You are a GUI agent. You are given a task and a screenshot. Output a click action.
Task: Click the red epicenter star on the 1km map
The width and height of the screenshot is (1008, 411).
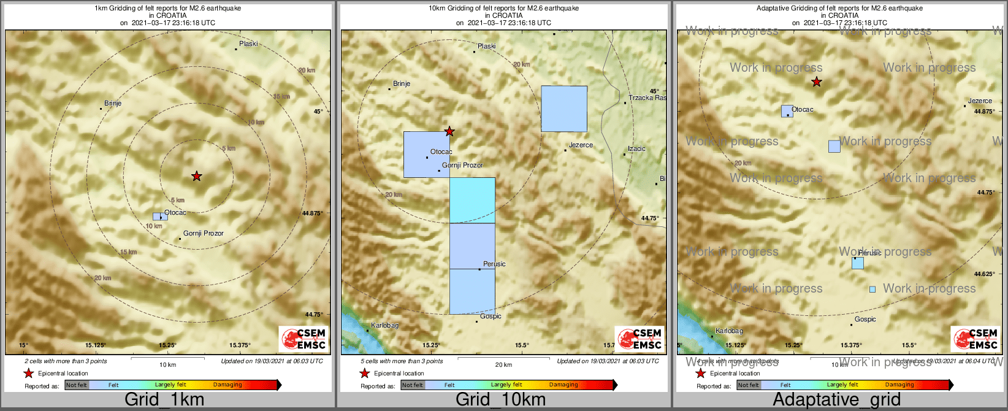click(196, 176)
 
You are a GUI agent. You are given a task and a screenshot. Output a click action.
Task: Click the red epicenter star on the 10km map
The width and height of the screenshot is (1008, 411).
click(449, 131)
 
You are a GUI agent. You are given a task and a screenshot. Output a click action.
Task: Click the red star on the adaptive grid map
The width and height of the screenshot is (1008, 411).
click(816, 82)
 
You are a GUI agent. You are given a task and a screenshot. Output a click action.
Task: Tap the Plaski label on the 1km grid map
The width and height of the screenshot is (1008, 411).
click(248, 44)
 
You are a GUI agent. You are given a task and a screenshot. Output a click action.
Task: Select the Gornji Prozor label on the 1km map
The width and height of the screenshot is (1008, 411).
click(204, 233)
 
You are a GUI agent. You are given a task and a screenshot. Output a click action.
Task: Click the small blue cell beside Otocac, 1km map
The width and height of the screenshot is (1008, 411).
click(160, 217)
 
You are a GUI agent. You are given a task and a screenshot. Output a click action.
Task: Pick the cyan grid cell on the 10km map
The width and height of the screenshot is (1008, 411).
click(472, 201)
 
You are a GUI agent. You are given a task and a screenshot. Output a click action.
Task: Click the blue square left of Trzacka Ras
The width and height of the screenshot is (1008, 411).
click(564, 109)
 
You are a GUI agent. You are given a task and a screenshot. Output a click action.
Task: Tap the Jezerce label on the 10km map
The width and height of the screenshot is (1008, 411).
click(581, 145)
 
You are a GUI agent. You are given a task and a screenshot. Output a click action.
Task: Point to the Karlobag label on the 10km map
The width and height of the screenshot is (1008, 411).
click(384, 325)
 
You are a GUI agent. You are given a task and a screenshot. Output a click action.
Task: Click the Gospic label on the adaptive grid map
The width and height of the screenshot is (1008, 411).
click(865, 319)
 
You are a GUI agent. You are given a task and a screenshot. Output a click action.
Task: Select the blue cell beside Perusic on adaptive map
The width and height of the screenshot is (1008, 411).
click(857, 263)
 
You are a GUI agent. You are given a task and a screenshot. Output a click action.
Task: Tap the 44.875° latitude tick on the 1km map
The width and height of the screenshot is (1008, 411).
click(313, 213)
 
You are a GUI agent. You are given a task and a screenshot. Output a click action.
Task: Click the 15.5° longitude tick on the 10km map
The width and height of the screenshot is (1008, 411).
click(522, 345)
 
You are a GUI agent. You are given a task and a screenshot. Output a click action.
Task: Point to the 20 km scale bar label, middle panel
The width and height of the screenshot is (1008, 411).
click(503, 365)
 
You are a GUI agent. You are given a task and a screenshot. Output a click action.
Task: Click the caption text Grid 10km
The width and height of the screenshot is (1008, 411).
click(500, 399)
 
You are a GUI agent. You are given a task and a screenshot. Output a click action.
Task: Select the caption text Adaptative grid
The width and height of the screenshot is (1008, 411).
click(836, 399)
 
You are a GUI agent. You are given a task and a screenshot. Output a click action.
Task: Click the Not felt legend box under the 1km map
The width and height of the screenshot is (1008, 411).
click(77, 385)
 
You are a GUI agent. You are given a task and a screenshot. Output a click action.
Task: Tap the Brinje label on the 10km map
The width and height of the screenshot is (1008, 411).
click(402, 83)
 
